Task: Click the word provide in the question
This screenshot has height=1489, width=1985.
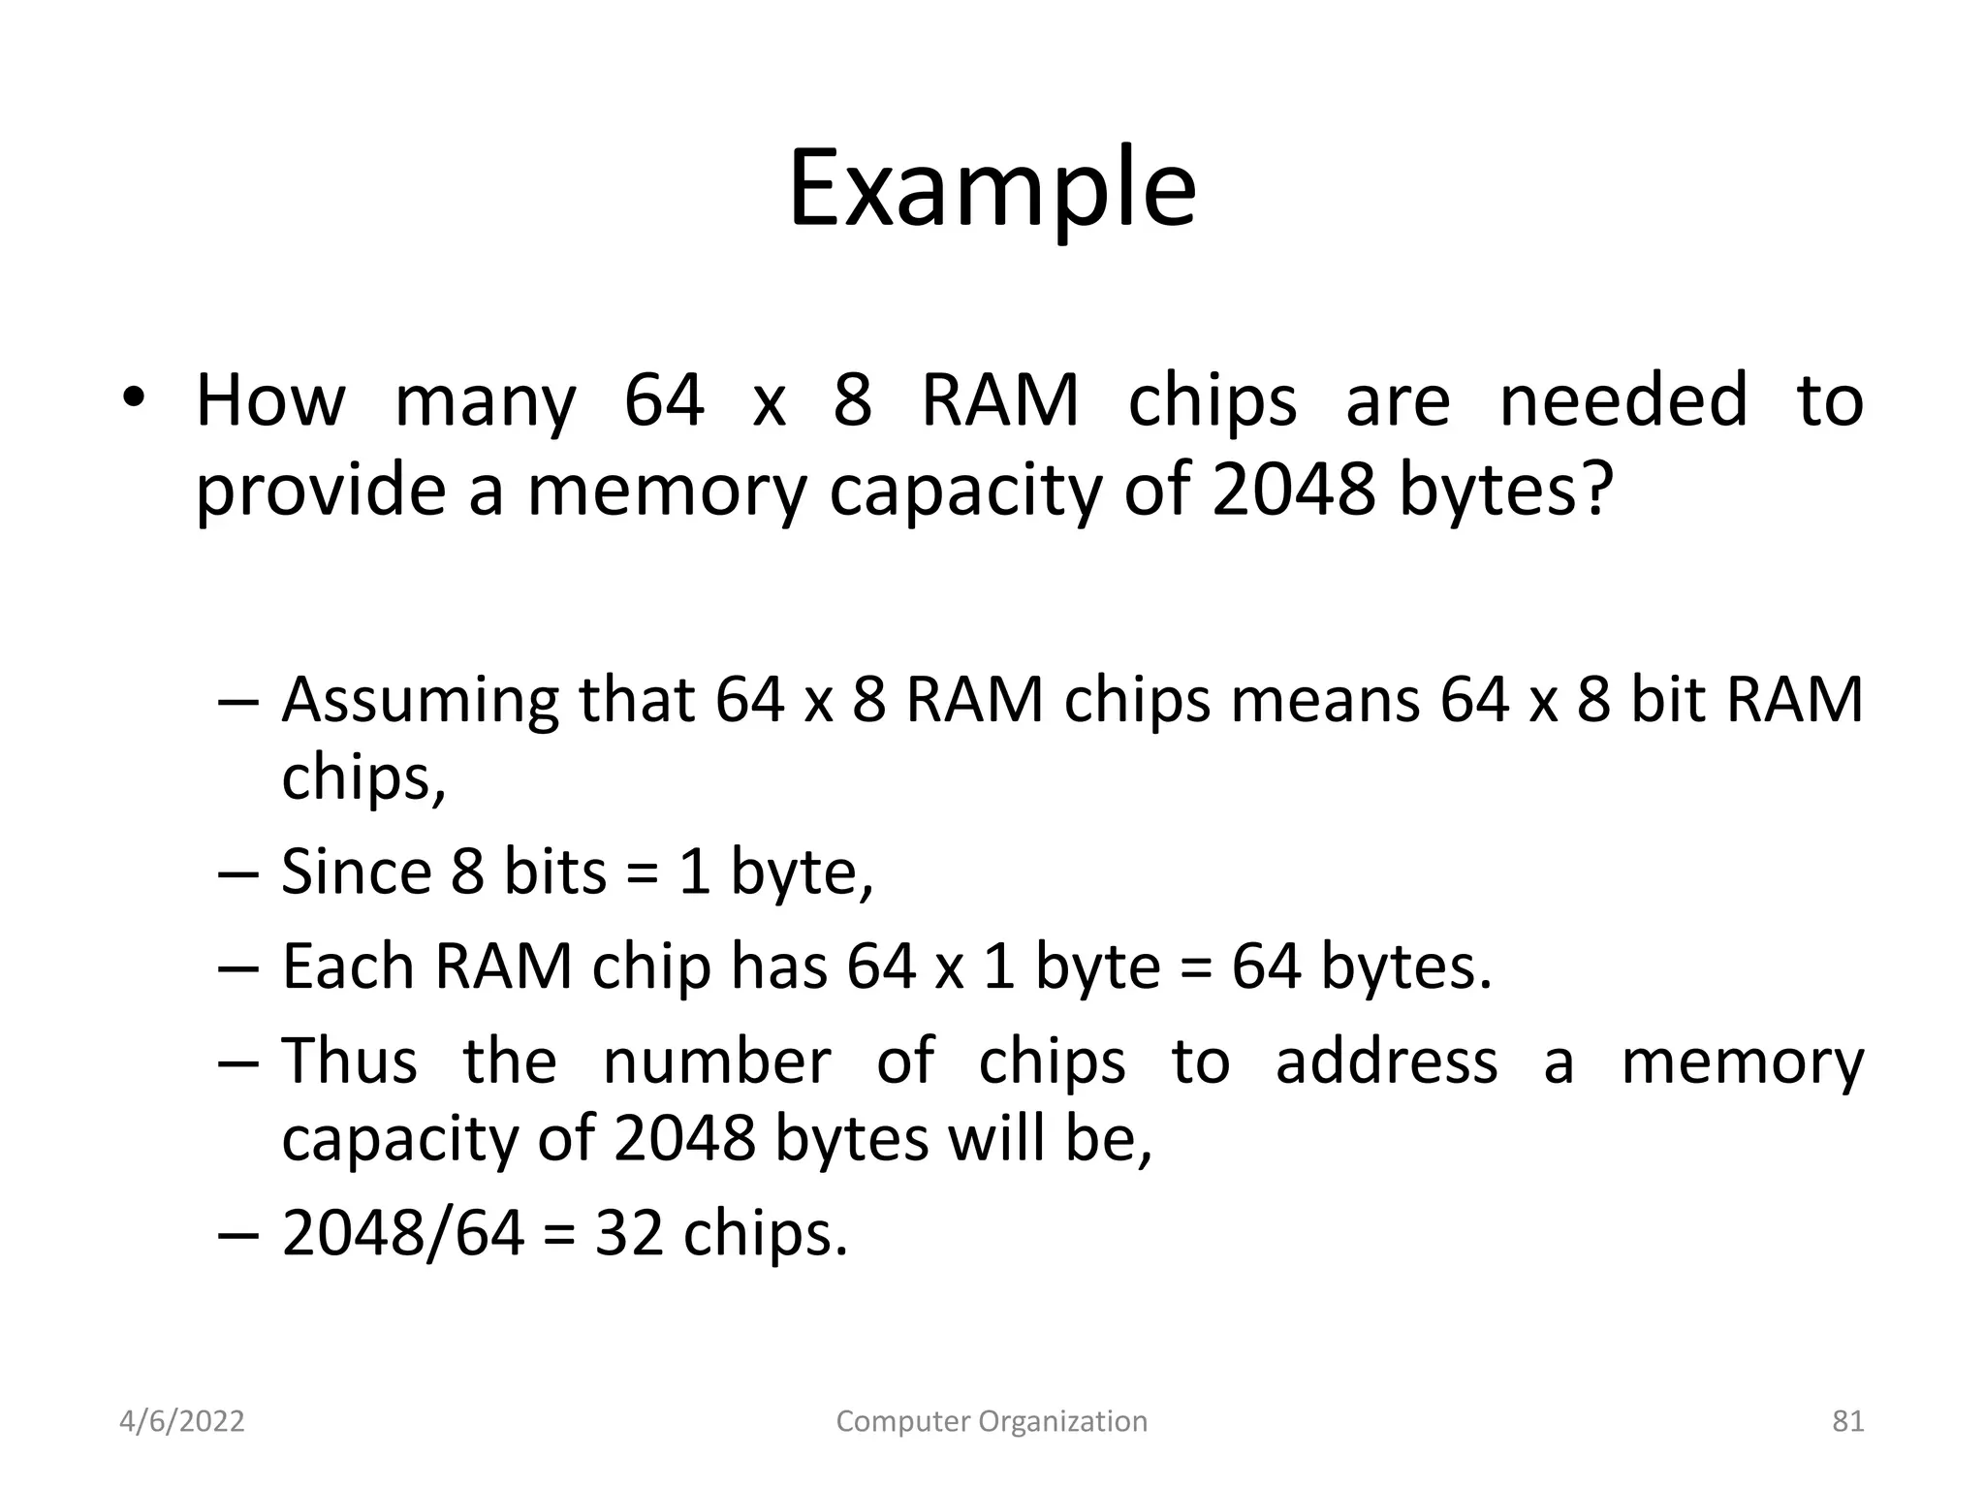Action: pos(321,491)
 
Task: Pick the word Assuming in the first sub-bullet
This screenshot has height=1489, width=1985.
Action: pos(420,702)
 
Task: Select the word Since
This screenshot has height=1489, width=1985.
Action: pos(356,871)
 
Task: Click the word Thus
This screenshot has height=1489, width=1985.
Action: pos(350,1061)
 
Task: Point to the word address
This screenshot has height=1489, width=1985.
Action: pos(1386,1061)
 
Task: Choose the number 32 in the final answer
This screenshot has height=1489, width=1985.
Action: pos(629,1233)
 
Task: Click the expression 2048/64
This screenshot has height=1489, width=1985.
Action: pos(403,1233)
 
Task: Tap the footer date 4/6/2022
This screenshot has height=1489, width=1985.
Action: pos(182,1421)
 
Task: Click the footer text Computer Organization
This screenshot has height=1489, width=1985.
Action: pos(992,1421)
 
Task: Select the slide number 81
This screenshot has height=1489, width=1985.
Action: pos(1847,1421)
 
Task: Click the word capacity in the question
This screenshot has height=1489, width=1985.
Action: pos(965,491)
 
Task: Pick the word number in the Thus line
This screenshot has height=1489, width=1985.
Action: pos(716,1061)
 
